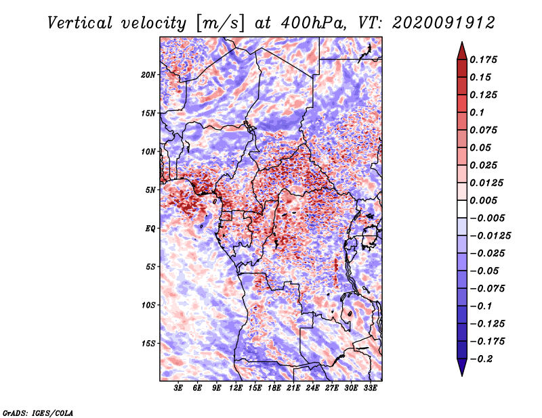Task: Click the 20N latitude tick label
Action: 148,75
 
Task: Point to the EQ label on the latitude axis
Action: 150,229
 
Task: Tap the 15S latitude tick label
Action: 148,344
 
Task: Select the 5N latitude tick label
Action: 150,190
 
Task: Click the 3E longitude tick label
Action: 178,388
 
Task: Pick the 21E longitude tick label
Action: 293,388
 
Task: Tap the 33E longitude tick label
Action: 370,388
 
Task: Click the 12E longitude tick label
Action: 236,388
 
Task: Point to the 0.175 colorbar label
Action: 483,60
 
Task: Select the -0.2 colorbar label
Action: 482,359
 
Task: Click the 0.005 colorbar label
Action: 483,200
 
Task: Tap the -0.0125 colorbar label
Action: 490,236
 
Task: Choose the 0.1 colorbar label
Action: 477,112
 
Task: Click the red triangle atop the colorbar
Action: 462,52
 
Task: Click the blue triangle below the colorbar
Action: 462,367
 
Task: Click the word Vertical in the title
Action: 80,23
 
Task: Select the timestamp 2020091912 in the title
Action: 444,23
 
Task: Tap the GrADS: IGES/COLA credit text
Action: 38,413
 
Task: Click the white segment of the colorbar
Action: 462,209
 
